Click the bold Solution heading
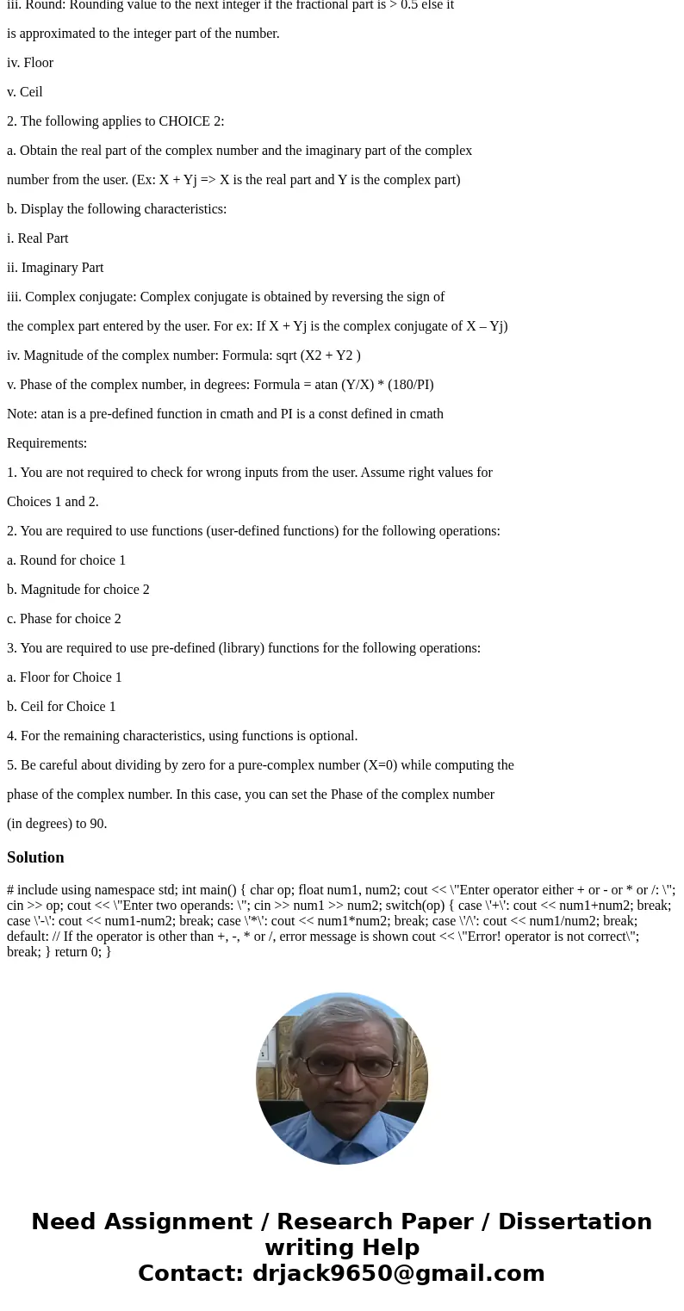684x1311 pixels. click(35, 857)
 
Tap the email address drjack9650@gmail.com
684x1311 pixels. click(398, 1273)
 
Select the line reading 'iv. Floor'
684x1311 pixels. click(30, 63)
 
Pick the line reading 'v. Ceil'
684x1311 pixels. click(25, 92)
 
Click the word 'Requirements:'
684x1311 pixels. click(47, 443)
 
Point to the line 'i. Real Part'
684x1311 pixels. click(38, 238)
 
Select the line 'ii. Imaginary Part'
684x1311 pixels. click(55, 268)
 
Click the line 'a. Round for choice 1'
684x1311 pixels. click(66, 560)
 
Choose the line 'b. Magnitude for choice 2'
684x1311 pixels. click(78, 590)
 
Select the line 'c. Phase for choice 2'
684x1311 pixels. click(64, 619)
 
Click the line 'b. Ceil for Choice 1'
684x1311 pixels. click(61, 707)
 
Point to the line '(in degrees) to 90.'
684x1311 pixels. click(57, 824)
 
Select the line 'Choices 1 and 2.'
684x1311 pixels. click(53, 502)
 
